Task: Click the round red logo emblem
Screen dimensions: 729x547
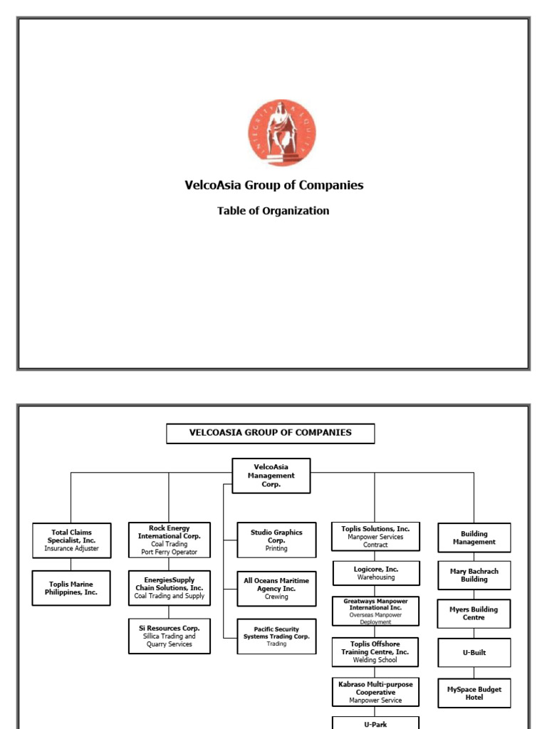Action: (x=282, y=133)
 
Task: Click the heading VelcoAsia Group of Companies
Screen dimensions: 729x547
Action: (x=273, y=185)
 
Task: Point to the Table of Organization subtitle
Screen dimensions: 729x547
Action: (x=273, y=211)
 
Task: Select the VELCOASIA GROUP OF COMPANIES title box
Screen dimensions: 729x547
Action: (x=270, y=433)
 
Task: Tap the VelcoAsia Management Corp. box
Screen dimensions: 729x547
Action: (x=271, y=476)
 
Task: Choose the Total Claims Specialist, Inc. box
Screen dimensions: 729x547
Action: (x=71, y=540)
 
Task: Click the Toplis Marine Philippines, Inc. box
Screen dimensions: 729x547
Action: (x=71, y=588)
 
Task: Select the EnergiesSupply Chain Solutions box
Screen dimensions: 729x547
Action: (x=170, y=588)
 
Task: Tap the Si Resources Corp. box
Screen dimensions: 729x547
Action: (x=170, y=636)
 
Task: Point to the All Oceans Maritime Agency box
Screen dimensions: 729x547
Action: (x=276, y=589)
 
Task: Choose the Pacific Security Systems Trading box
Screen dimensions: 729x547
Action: (x=276, y=636)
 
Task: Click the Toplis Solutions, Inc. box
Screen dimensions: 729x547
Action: (x=375, y=537)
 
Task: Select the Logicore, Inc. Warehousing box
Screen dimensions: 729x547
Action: (x=376, y=573)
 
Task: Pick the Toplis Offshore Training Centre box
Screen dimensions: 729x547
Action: (x=375, y=652)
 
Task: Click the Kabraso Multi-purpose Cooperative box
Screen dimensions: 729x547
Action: (x=375, y=692)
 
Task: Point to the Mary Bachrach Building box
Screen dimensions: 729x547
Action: (x=474, y=575)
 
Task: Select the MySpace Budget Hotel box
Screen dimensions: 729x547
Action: (x=474, y=693)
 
